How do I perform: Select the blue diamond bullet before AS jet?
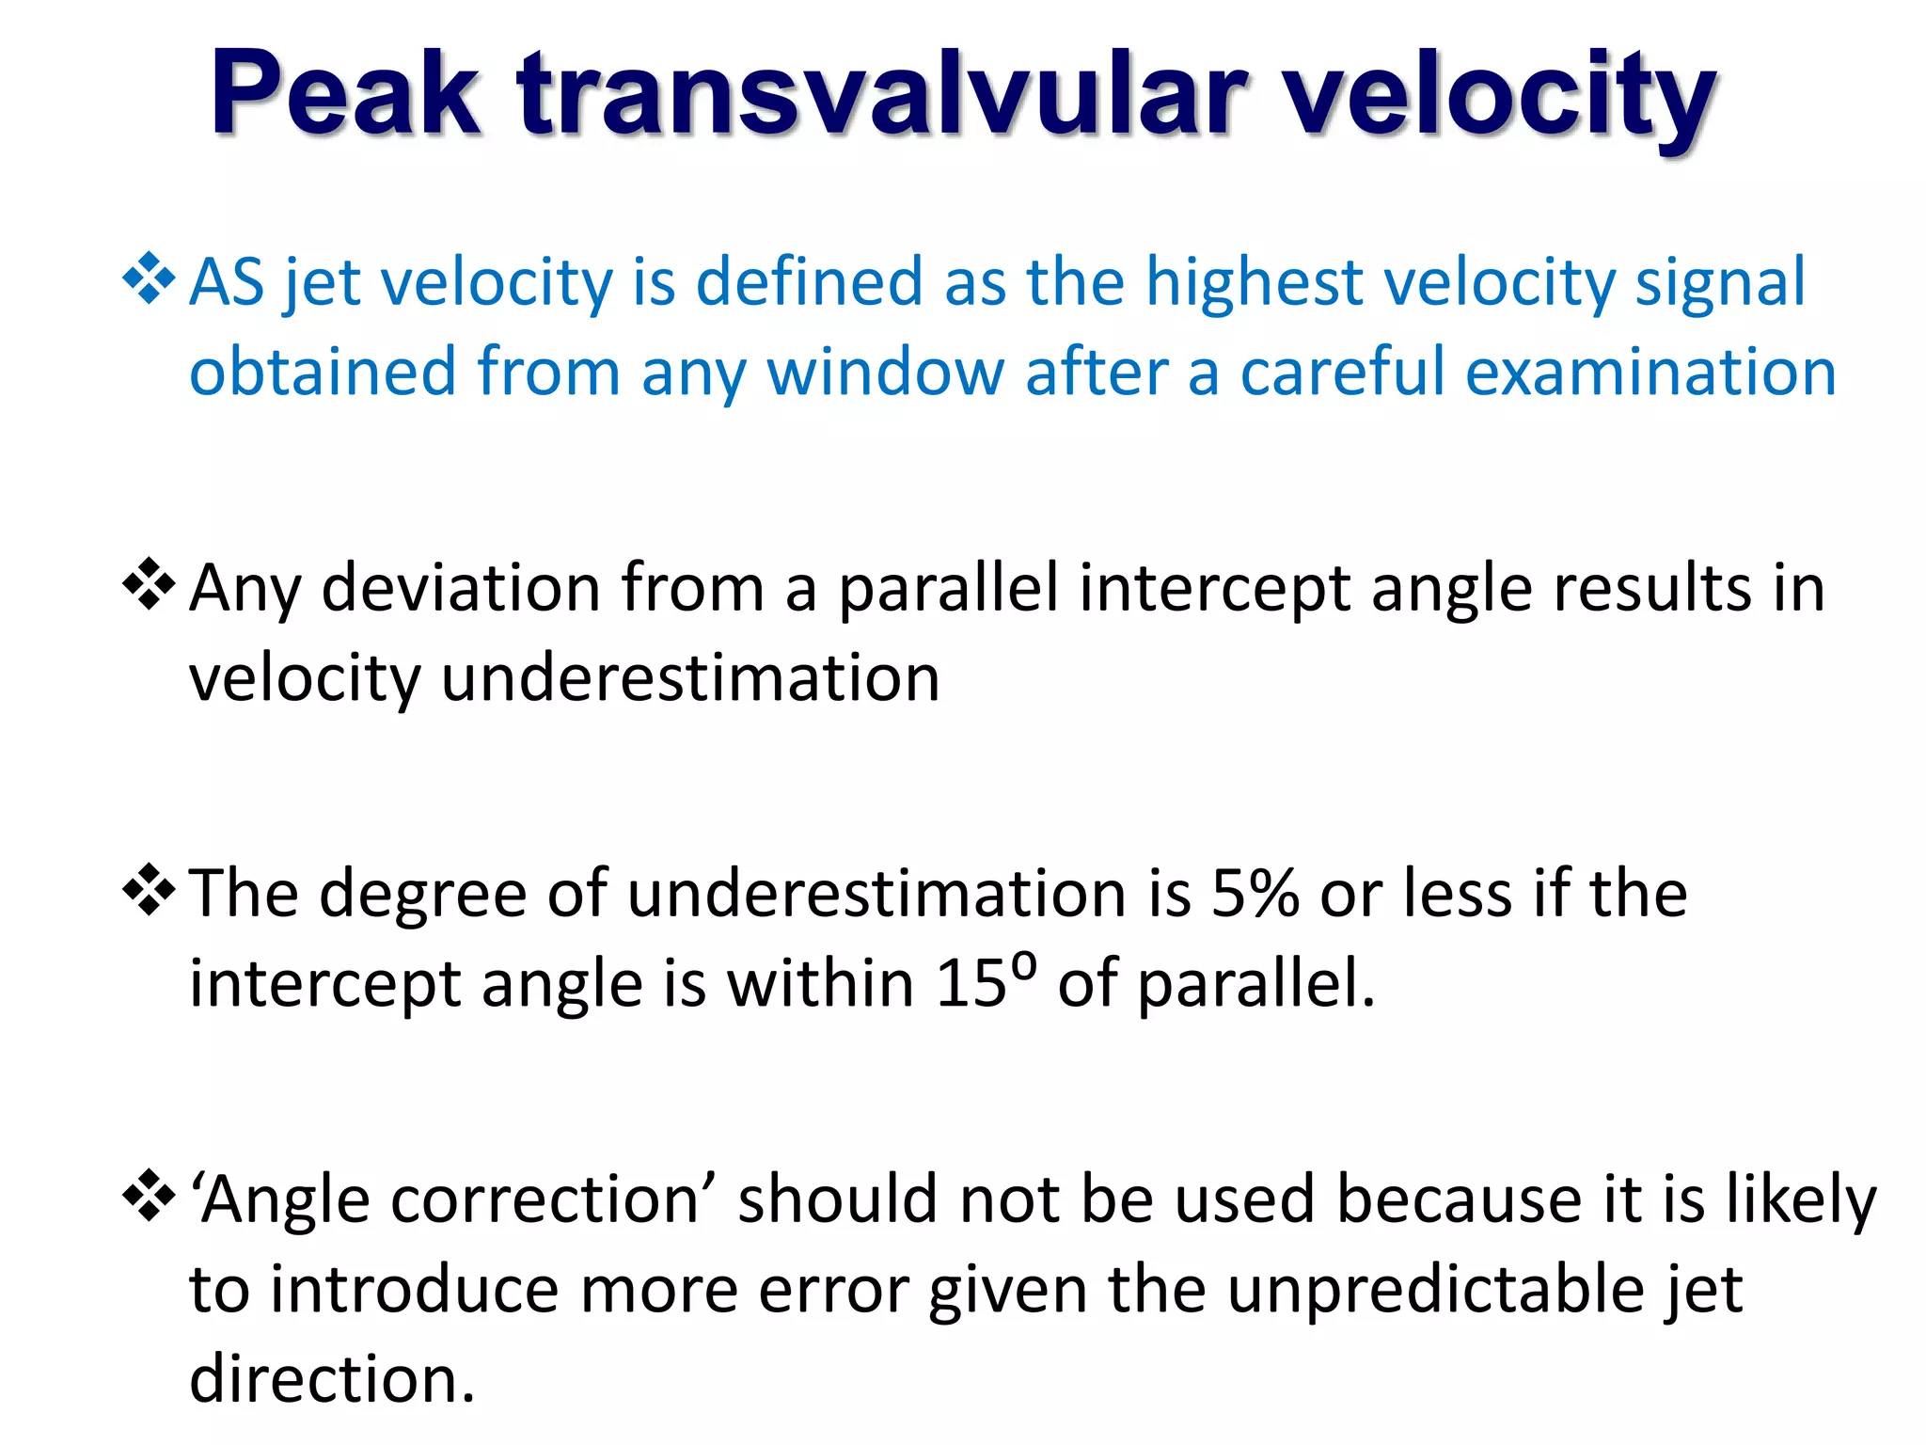pyautogui.click(x=149, y=278)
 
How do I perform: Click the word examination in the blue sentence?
pyautogui.click(x=1650, y=372)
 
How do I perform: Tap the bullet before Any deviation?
pyautogui.click(x=149, y=584)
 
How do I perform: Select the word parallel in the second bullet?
pyautogui.click(x=948, y=589)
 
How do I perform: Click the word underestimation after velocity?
pyautogui.click(x=690, y=678)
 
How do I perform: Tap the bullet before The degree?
pyautogui.click(x=149, y=890)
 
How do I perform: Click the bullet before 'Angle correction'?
pyautogui.click(x=149, y=1197)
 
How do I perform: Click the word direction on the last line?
pyautogui.click(x=331, y=1379)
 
